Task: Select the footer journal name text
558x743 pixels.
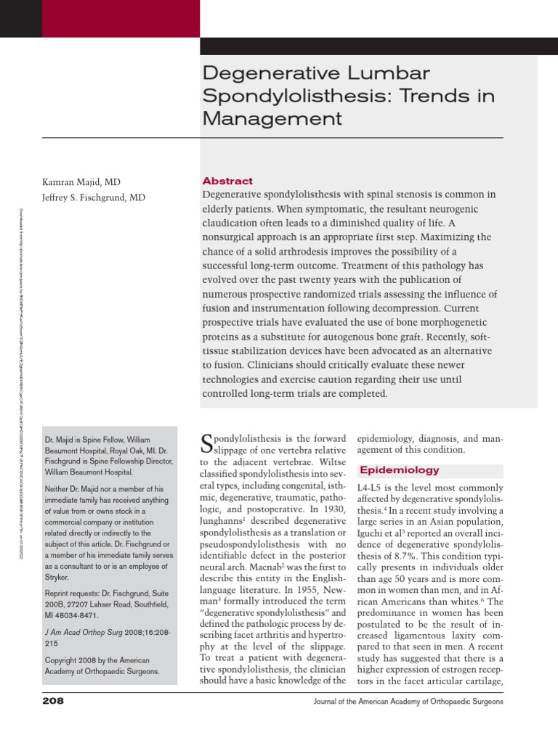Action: click(408, 702)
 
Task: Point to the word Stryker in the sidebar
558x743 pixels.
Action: click(57, 578)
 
